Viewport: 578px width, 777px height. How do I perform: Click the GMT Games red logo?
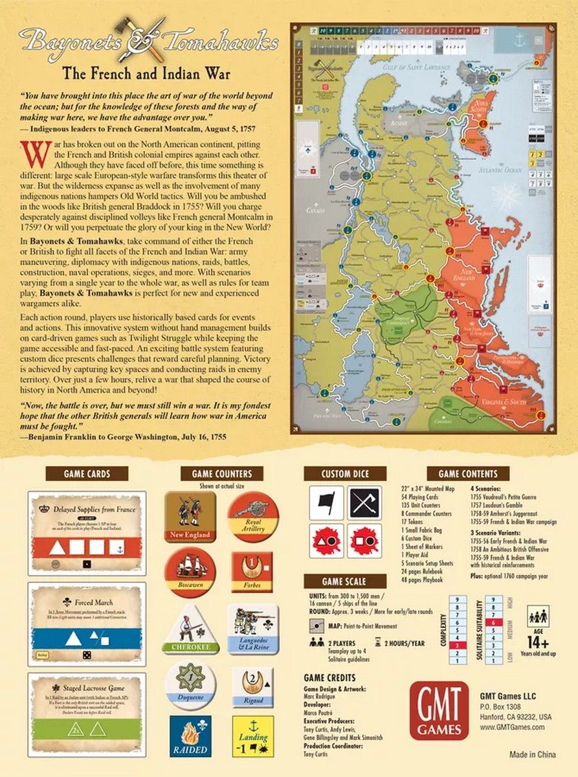(x=439, y=710)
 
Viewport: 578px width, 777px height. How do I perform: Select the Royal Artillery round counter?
(x=253, y=517)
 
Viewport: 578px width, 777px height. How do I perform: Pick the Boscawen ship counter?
(x=190, y=572)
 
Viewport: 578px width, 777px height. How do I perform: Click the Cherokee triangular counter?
(x=190, y=631)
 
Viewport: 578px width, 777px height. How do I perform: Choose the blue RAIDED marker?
(x=190, y=736)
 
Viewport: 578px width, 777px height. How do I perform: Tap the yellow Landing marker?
(x=253, y=736)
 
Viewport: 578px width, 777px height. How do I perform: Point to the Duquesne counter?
(x=190, y=684)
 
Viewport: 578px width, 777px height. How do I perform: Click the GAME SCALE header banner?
(x=345, y=581)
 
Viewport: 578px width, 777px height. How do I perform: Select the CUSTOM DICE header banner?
(x=345, y=474)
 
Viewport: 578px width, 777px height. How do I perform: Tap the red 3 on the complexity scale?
(x=457, y=645)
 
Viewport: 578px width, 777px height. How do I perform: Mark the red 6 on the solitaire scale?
(x=493, y=621)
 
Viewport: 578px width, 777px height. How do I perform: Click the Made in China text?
(x=533, y=755)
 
